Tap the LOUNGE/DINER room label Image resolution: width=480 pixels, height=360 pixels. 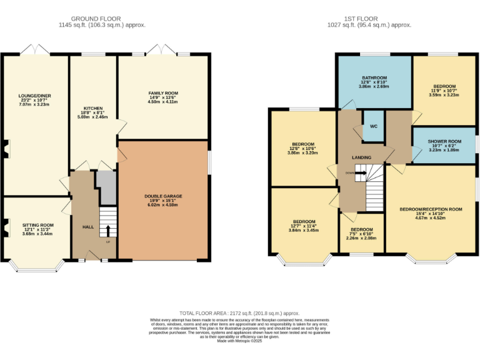[x=34, y=97]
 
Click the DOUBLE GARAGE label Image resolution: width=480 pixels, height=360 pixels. [x=163, y=196]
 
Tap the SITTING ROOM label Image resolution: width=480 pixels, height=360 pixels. [x=38, y=224]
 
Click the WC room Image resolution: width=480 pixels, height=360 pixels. [x=373, y=126]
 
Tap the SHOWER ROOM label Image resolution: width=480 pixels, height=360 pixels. [x=444, y=141]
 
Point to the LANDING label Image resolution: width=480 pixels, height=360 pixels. [x=361, y=157]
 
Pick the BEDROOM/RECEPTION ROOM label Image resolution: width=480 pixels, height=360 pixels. [x=431, y=209]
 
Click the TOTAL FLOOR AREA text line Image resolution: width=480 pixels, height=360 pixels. [x=239, y=312]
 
